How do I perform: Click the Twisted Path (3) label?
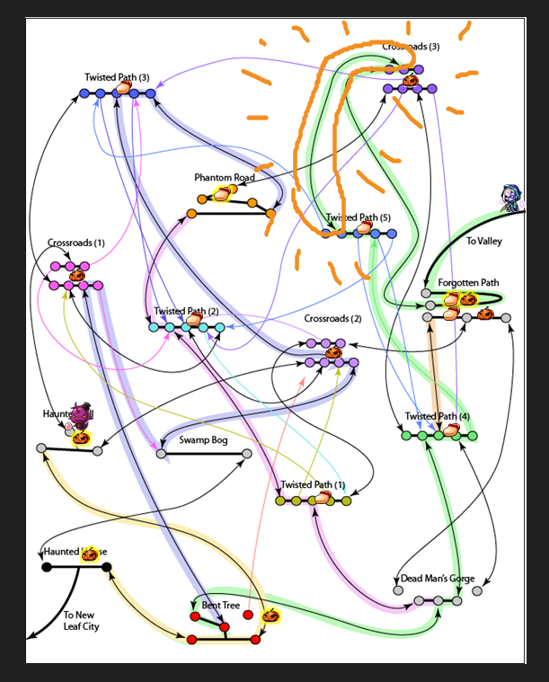(117, 77)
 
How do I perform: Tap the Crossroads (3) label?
(411, 46)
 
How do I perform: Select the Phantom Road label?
(225, 178)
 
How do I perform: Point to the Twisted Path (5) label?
(358, 217)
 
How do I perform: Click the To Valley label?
(483, 242)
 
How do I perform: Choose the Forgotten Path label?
(468, 283)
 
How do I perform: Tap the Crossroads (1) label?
(76, 244)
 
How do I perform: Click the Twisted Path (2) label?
(186, 312)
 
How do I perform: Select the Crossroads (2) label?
(332, 319)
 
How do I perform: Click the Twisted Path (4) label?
(437, 417)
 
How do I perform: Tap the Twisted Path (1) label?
(313, 485)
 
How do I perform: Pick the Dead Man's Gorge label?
(437, 579)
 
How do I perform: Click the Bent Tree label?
(221, 606)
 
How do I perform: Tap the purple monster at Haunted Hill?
(82, 414)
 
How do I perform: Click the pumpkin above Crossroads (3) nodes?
(410, 80)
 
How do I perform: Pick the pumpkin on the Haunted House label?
(89, 554)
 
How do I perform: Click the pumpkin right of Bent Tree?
(270, 616)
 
